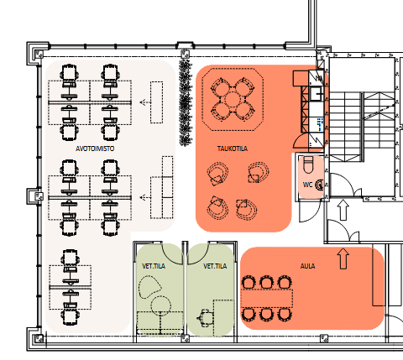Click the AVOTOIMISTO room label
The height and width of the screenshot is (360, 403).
tap(95, 149)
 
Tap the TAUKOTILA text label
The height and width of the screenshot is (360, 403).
tap(233, 149)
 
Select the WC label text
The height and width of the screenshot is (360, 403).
tap(307, 185)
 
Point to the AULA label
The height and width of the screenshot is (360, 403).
tap(307, 266)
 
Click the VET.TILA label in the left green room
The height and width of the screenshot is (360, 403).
tap(154, 266)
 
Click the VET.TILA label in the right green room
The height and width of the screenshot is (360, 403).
tap(215, 266)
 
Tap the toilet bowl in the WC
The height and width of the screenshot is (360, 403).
tap(308, 165)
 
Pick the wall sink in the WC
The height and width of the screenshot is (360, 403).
tap(320, 185)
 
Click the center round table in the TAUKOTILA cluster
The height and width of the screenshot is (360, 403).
tap(232, 100)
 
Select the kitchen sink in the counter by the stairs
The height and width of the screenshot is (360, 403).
tap(317, 94)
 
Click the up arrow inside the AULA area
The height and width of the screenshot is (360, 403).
tap(343, 258)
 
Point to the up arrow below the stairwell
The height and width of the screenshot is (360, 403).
tap(343, 210)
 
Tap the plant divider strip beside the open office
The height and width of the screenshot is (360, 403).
tap(185, 102)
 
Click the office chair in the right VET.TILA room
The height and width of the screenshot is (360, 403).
tap(205, 318)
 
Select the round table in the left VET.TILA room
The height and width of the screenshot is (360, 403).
tap(160, 305)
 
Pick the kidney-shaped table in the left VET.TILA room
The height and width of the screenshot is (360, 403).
tap(149, 287)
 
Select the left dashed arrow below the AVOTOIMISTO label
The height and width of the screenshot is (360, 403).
tap(145, 198)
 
